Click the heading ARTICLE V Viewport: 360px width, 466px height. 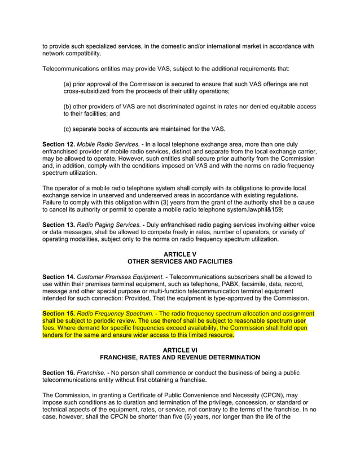[180, 254]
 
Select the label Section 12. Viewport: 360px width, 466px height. [58, 144]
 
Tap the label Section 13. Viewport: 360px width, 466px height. [58, 225]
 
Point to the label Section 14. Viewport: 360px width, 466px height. [58, 277]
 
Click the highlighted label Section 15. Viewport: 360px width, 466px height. [58, 314]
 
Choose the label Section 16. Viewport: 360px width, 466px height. [58, 373]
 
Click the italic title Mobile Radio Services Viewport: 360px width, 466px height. [108, 144]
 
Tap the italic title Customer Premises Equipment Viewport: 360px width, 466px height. [120, 277]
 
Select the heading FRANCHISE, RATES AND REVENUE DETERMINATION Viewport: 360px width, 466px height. [180, 357]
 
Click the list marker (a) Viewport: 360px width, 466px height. [68, 84]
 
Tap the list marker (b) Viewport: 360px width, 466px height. [68, 106]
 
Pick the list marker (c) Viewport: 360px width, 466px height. [68, 129]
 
